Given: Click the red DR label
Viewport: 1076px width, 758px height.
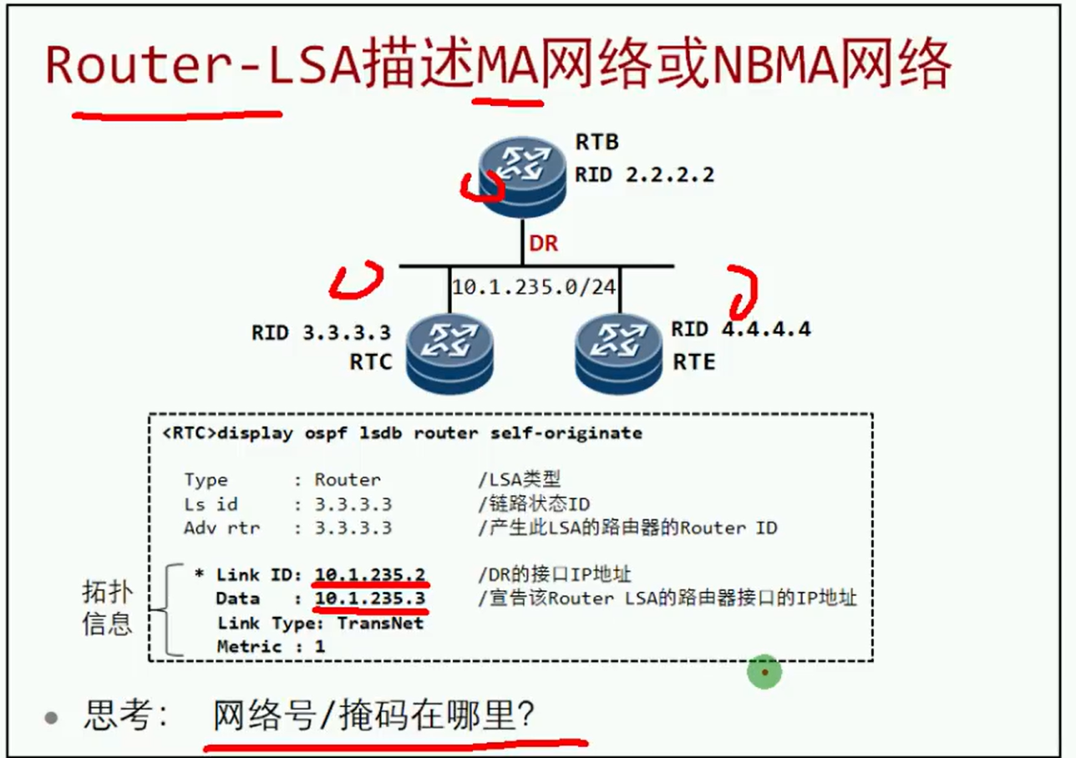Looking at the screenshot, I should (x=543, y=245).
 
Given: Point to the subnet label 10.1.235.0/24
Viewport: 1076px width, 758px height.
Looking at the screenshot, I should (x=534, y=286).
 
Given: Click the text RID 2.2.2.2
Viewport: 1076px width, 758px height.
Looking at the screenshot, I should (x=644, y=174).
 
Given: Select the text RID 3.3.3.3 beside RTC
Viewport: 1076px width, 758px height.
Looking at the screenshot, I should (x=321, y=332).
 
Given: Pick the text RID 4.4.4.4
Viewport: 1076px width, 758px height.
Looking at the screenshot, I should (x=740, y=329).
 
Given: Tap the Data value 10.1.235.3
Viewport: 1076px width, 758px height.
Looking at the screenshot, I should (x=370, y=599).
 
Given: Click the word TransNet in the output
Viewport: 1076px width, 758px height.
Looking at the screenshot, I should (x=380, y=623).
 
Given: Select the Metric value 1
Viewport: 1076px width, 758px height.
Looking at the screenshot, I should (x=320, y=646).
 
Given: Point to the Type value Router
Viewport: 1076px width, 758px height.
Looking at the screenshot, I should (x=348, y=480).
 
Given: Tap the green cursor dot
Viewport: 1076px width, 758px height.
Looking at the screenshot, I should (x=764, y=671).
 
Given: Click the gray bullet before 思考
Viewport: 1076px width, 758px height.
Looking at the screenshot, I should (x=52, y=717).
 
